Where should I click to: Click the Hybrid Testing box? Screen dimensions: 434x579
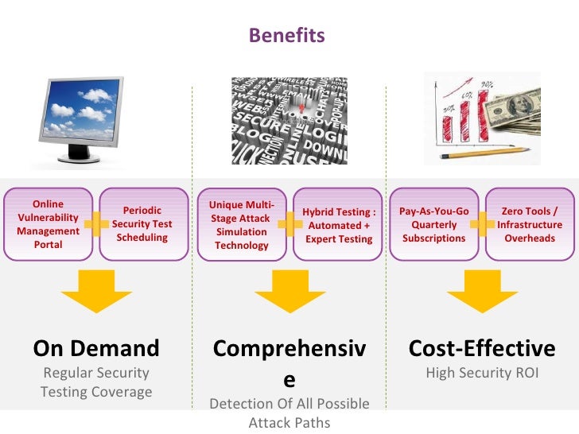click(339, 225)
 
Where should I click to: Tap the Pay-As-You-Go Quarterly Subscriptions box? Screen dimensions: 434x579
click(434, 225)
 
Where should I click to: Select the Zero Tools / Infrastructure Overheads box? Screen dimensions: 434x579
click(529, 225)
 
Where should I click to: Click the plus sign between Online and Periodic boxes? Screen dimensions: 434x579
click(95, 225)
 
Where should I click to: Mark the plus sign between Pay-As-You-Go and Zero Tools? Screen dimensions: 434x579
click(482, 225)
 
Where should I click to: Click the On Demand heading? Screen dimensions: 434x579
click(95, 348)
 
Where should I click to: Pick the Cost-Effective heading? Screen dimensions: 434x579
click(482, 348)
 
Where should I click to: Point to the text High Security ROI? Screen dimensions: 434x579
click(482, 373)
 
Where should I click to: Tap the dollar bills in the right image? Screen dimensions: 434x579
click(516, 115)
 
